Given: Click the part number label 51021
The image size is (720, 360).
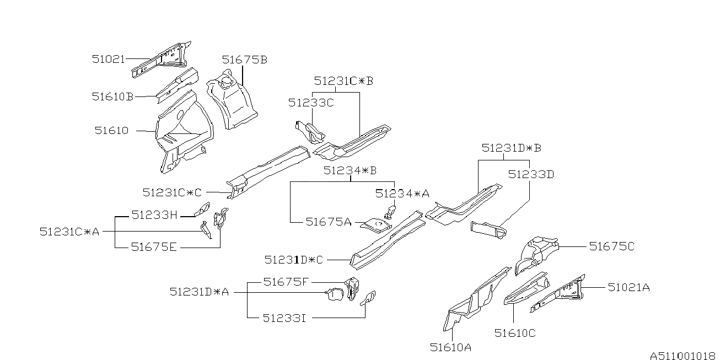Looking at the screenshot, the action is tap(108, 59).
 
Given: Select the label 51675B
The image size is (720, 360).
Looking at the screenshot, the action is tap(245, 60).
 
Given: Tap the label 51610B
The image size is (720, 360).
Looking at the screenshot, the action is tap(112, 96).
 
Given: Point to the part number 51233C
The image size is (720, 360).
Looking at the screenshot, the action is tap(311, 103).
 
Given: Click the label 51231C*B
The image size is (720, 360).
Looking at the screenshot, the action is tap(343, 81).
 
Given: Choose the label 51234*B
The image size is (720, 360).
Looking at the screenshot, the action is tap(350, 170).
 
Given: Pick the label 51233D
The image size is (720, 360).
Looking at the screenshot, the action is tap(531, 175).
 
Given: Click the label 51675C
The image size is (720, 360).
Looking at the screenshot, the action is tap(612, 246).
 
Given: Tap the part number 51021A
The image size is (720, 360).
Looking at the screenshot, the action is tap(628, 287).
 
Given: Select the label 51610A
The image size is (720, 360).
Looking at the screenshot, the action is tap(450, 347).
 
